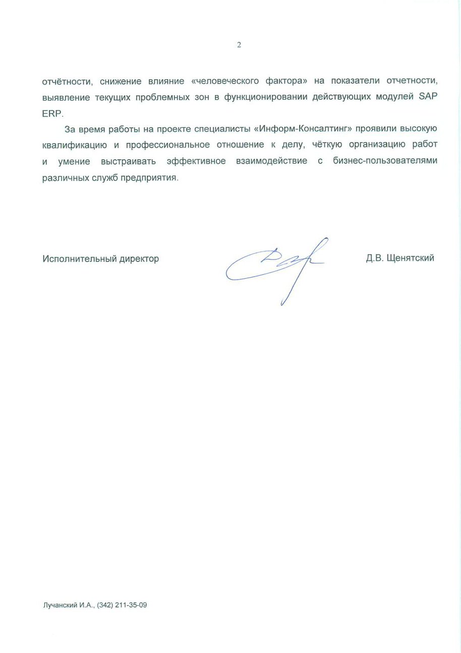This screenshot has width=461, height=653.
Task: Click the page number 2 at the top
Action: (239, 45)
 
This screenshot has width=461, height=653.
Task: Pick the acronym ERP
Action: (52, 113)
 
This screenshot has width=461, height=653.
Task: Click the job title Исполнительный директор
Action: (100, 258)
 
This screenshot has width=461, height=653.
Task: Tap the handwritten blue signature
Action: (275, 265)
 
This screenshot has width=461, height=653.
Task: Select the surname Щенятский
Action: (410, 258)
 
